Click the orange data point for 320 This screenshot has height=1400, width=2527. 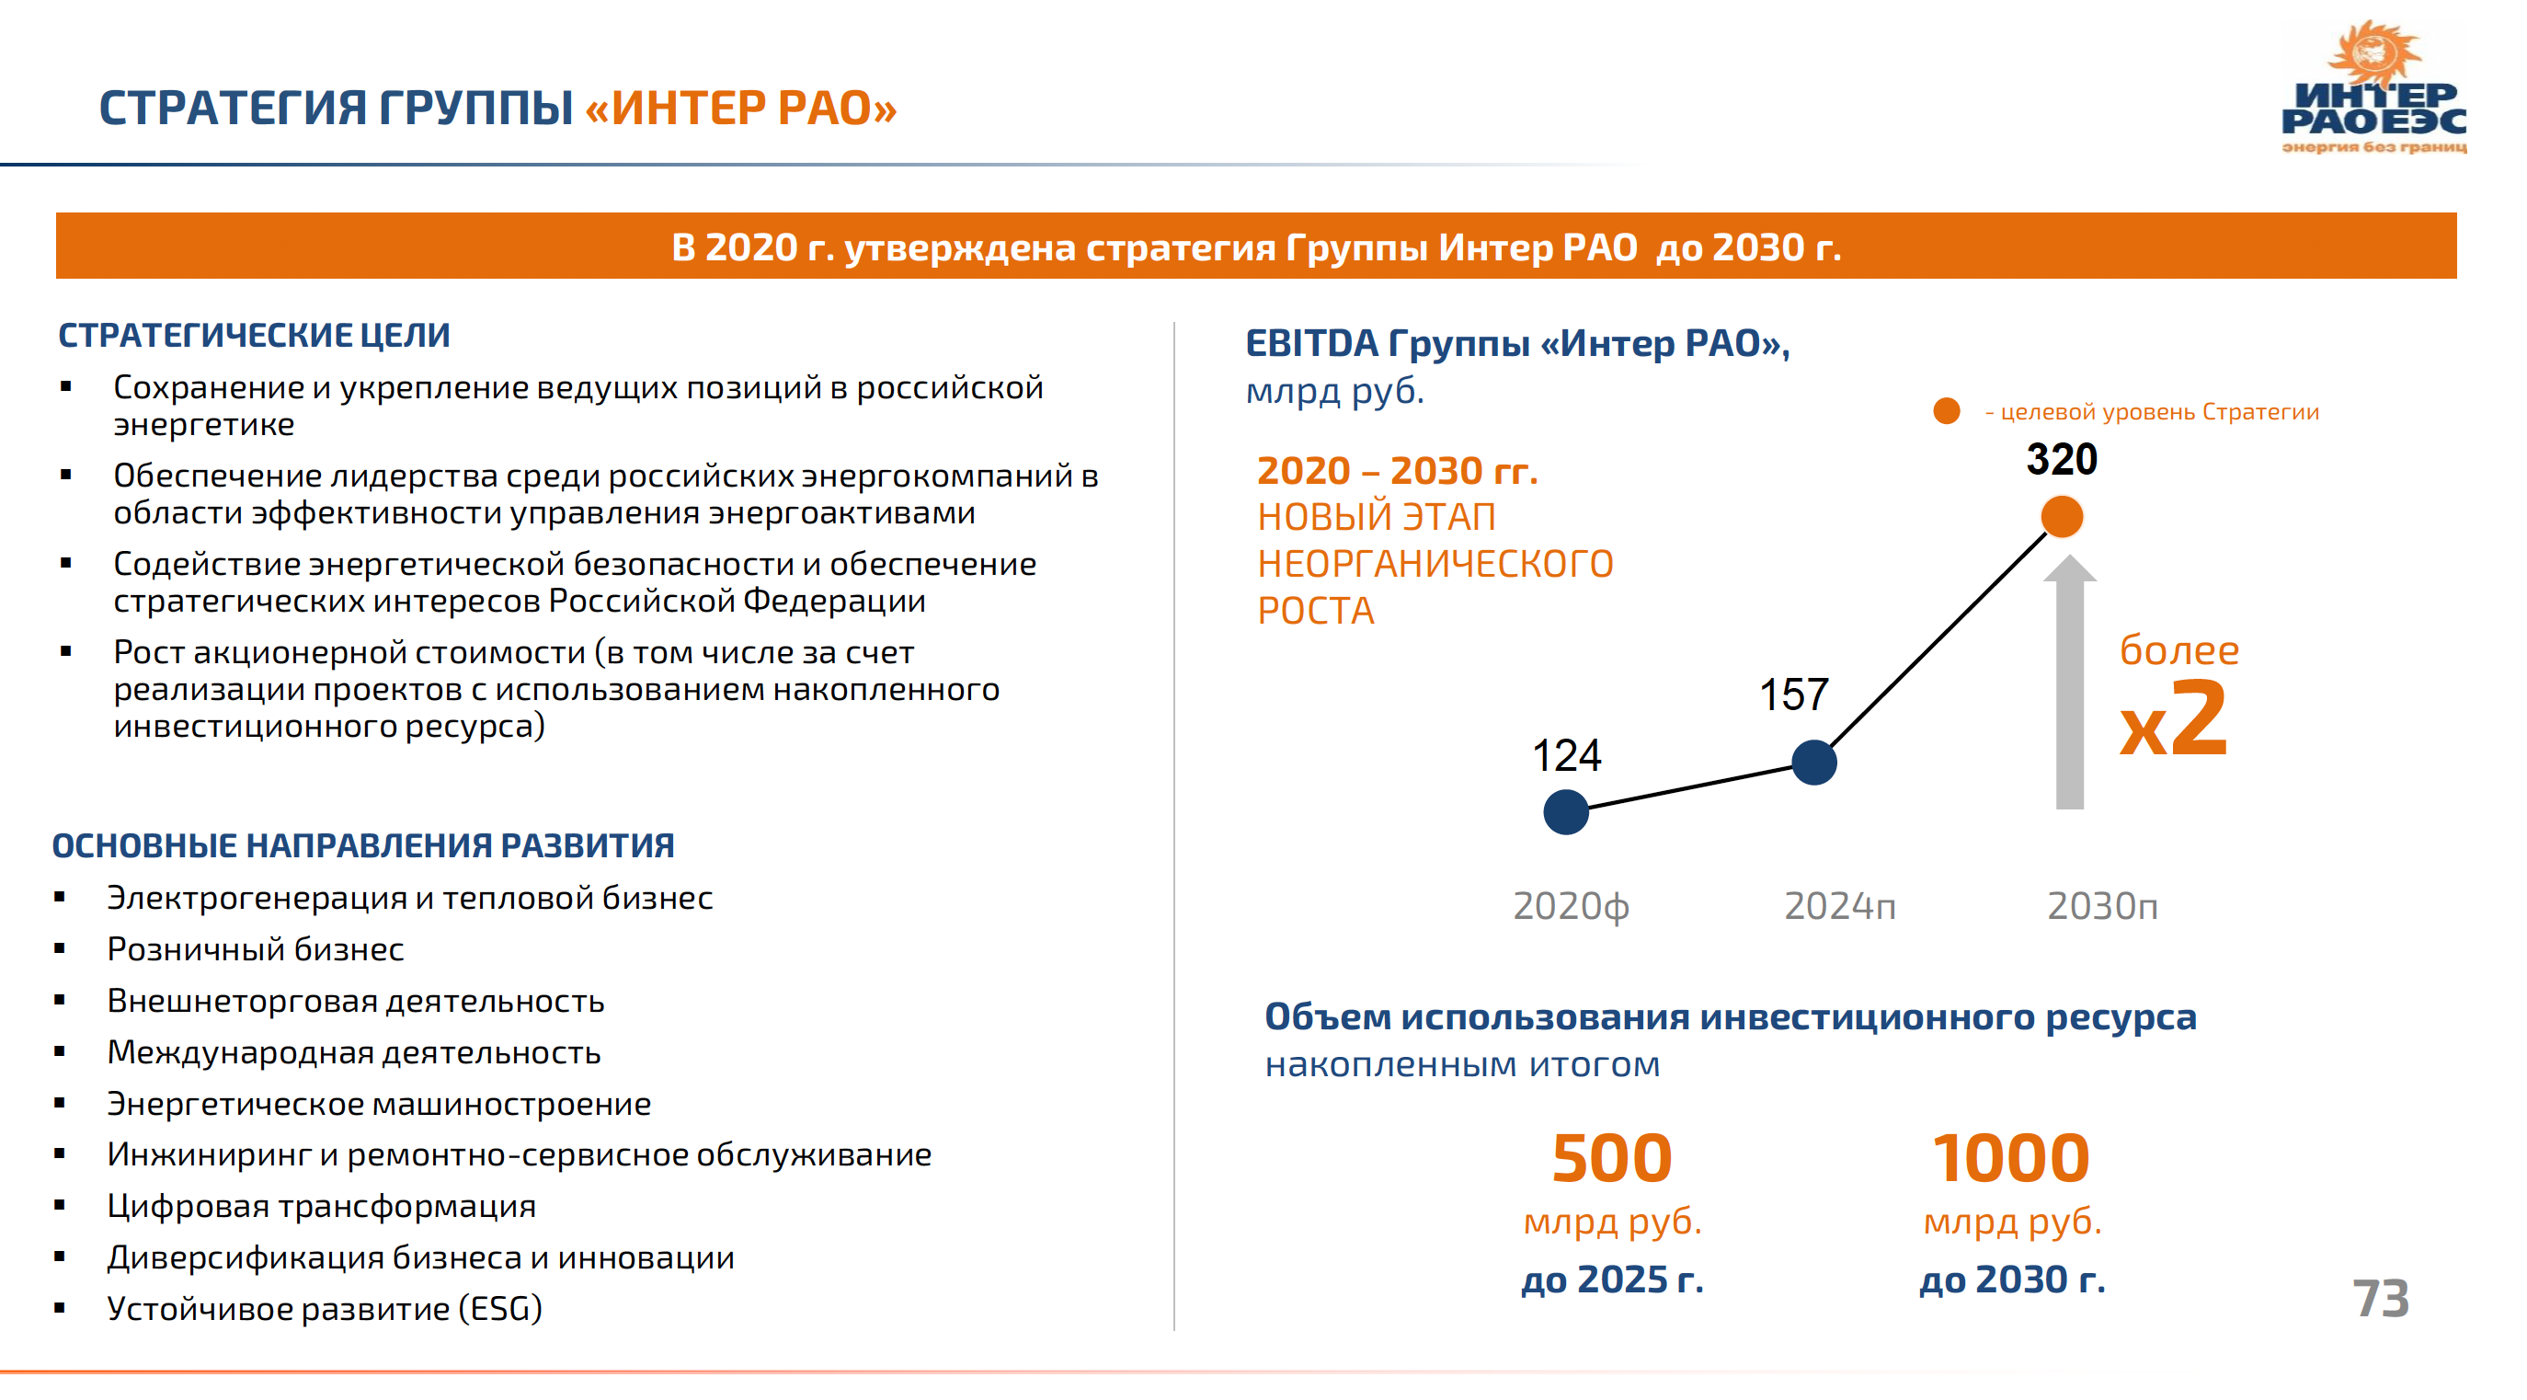point(2061,517)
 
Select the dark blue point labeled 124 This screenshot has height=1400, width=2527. point(1566,811)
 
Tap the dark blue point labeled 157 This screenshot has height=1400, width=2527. point(1813,763)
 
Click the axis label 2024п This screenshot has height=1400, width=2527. point(1839,905)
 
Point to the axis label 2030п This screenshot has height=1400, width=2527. point(2102,905)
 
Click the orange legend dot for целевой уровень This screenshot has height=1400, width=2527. point(1946,411)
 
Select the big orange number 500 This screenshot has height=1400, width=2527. point(1612,1159)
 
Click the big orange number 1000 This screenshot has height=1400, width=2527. point(2011,1159)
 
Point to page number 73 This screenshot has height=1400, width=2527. point(2380,1299)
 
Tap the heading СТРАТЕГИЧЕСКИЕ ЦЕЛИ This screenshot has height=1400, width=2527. point(254,336)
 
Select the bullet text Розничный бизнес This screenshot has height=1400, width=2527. point(255,949)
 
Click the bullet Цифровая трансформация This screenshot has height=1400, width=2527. point(321,1206)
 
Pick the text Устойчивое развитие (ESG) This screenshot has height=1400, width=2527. point(324,1309)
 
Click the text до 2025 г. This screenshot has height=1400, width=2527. point(1612,1280)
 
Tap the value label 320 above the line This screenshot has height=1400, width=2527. point(2061,459)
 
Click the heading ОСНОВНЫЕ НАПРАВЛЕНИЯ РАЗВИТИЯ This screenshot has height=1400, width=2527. point(363,845)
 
